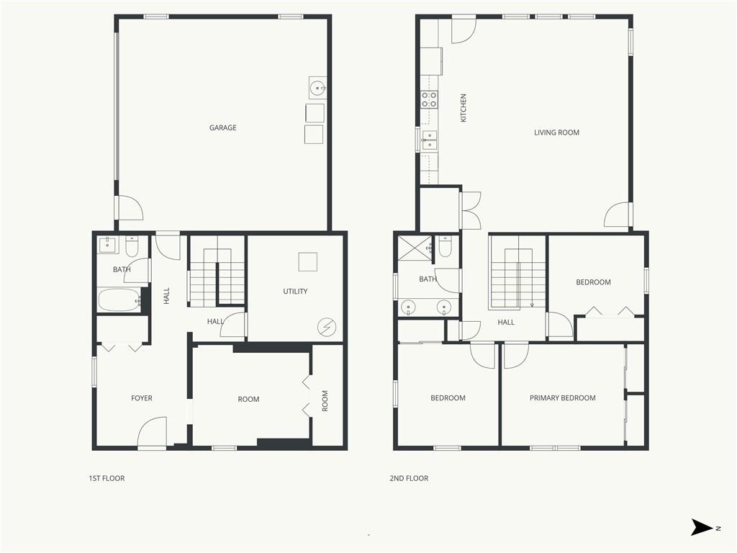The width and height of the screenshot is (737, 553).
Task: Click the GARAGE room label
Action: pyautogui.click(x=223, y=127)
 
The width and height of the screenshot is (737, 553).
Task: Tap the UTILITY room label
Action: pyautogui.click(x=295, y=291)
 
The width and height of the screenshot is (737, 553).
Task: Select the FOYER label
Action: pyautogui.click(x=142, y=398)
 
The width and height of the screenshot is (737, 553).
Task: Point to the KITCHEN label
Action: pyautogui.click(x=464, y=108)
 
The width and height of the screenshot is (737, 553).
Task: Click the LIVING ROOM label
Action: pyautogui.click(x=556, y=132)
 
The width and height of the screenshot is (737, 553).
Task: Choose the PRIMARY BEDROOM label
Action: pyautogui.click(x=563, y=397)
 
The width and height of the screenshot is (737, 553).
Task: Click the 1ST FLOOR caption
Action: pyautogui.click(x=107, y=478)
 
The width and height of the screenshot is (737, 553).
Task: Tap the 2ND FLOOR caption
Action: pyautogui.click(x=409, y=478)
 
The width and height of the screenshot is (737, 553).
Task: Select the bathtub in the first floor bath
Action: pyautogui.click(x=119, y=300)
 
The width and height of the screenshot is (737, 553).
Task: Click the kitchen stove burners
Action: pyautogui.click(x=429, y=99)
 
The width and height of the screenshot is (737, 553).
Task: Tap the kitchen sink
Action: pyautogui.click(x=429, y=140)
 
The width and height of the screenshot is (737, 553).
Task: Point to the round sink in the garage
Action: pyautogui.click(x=317, y=87)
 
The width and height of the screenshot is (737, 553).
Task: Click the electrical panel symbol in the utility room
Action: pyautogui.click(x=327, y=327)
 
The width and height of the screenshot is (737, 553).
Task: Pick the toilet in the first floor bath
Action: pyautogui.click(x=132, y=246)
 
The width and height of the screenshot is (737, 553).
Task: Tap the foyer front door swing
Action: pyautogui.click(x=152, y=431)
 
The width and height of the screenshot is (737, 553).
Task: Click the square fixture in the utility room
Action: pyautogui.click(x=308, y=262)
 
